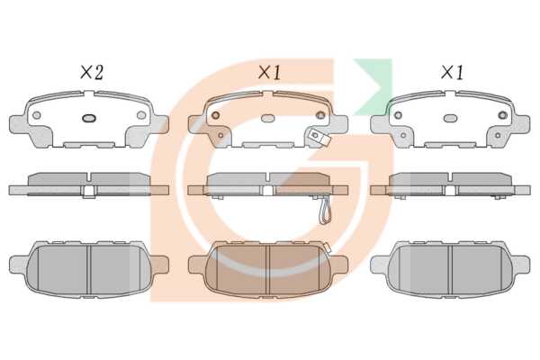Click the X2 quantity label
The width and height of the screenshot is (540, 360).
coord(92,72)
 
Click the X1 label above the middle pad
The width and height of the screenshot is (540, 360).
coord(269,72)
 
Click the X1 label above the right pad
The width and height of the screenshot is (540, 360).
coord(452,72)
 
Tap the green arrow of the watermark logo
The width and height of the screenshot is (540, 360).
coord(373,86)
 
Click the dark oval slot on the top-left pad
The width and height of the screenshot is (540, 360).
coord(89,118)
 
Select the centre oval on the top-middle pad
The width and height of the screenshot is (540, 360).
coord(268,118)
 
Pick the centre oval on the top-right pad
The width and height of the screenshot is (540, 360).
coord(451,118)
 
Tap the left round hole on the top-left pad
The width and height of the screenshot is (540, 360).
coord(37,115)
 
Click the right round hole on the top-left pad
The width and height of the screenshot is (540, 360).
coord(141,115)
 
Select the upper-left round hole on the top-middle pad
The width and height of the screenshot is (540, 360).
coord(216,115)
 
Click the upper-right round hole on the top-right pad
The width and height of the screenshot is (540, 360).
coord(503,115)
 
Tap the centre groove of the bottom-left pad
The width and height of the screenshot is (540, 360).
coord(89,270)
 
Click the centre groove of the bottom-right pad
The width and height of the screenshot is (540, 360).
coord(451,270)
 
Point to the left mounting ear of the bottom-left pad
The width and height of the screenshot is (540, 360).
coord(19,265)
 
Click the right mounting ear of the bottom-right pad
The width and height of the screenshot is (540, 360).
coord(521,265)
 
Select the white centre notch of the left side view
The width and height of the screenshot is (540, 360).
coord(89,191)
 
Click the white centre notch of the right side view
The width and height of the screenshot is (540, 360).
coord(451,191)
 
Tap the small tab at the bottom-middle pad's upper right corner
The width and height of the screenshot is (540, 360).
coord(326,247)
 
